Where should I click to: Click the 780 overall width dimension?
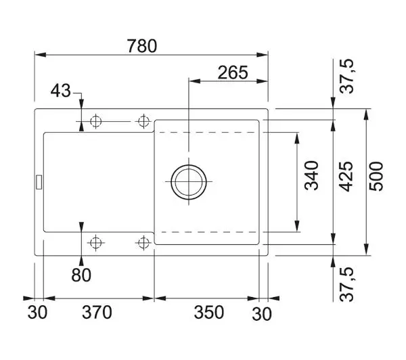142,46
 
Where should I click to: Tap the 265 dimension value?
233,72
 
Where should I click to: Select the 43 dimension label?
61,91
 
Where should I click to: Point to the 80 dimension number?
81,275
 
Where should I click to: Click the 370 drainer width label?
97,312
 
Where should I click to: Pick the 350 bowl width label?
208,312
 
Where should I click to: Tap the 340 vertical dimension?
311,175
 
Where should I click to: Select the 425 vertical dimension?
346,177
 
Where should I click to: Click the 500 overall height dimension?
376,177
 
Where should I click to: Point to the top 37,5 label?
346,76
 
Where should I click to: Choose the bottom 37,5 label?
346,284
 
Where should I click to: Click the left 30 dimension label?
37,312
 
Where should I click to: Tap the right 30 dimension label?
262,314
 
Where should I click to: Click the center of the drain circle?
189,182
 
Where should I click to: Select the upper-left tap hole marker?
96,121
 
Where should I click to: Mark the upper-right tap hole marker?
143,121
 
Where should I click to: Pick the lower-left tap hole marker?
96,243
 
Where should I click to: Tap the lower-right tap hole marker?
143,243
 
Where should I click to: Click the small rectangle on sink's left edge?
39,182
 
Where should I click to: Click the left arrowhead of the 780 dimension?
40,55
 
